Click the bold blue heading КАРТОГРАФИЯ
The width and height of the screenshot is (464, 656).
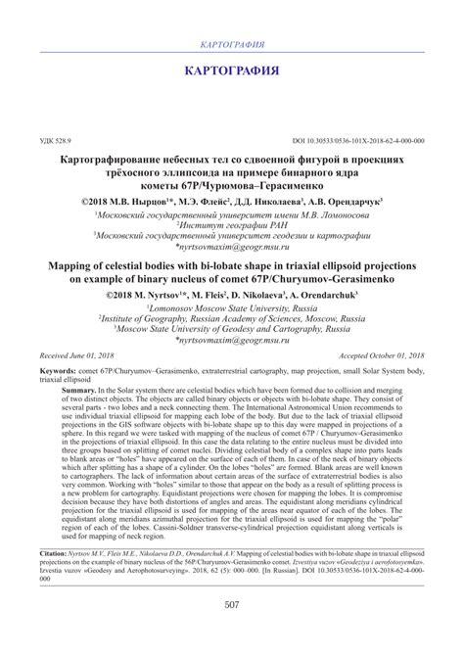coord(232,71)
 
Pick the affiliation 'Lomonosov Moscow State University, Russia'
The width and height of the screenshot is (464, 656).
coord(232,305)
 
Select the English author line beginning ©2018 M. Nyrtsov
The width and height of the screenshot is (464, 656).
coord(232,293)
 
